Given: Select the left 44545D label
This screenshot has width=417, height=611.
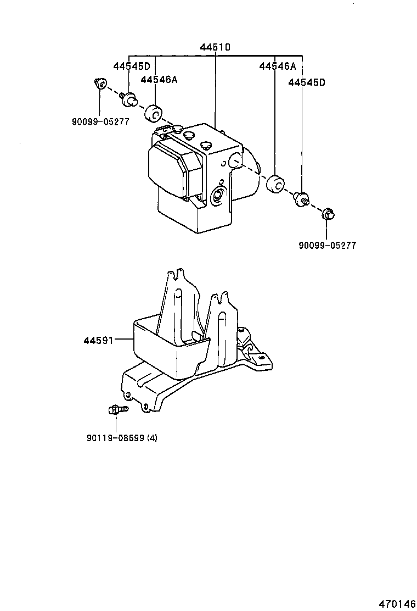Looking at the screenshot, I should [132, 66].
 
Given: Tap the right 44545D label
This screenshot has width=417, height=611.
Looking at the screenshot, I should [307, 82].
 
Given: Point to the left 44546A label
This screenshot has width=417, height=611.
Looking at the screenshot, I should [159, 80].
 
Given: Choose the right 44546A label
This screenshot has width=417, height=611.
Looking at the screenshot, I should [278, 66].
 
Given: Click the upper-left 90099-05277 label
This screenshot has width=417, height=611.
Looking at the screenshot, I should [100, 121].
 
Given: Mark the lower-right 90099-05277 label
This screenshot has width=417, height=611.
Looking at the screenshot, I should [327, 246].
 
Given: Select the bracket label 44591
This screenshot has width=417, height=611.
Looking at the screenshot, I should [98, 341].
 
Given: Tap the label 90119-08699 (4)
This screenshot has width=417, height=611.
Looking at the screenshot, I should [121, 438].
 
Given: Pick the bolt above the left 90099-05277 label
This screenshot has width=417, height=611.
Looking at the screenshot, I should [100, 84].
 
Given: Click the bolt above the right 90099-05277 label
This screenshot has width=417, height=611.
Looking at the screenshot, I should [328, 214].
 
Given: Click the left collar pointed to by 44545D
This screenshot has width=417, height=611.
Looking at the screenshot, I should [129, 99].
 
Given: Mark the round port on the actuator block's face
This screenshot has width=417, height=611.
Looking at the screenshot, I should [218, 195].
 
